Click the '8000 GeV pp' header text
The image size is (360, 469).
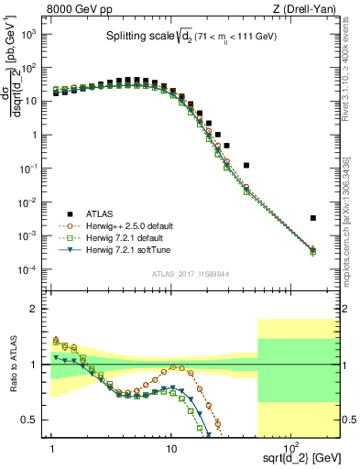80,8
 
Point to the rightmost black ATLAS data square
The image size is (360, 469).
313,218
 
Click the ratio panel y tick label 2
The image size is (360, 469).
38,309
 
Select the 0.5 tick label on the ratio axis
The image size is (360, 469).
34,420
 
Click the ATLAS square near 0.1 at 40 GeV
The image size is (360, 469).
246,166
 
